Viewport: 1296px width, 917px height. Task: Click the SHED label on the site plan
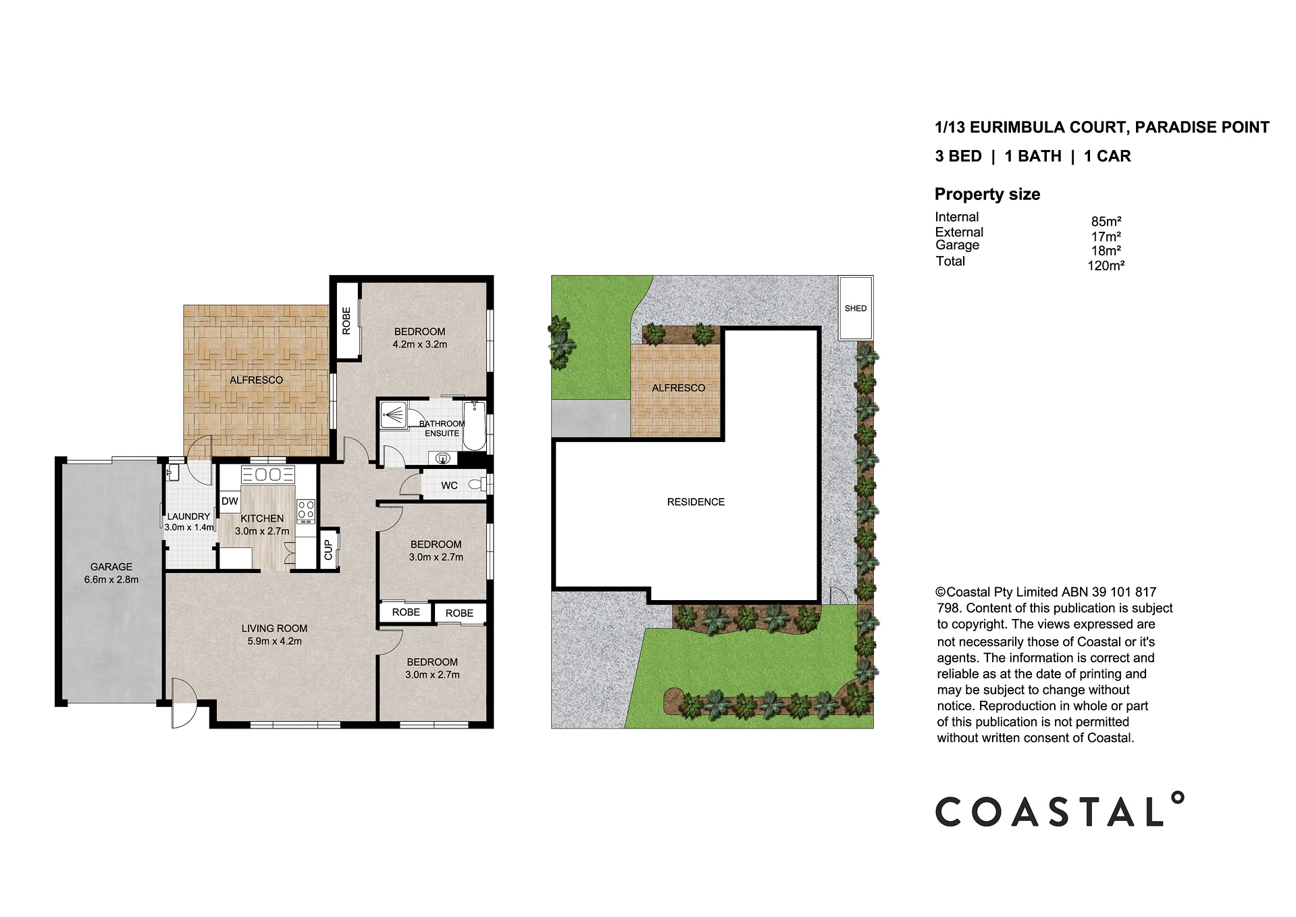855,308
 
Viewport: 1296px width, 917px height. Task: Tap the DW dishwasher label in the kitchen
230,501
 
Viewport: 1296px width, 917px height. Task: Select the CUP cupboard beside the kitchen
329,549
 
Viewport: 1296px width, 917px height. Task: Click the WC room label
449,485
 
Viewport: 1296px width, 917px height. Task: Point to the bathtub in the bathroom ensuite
474,424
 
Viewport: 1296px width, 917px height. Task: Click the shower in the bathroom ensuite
393,415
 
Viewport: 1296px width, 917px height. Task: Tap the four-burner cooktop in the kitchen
306,512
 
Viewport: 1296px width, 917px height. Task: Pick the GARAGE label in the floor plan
111,567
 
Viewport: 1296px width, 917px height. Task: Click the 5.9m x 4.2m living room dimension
274,641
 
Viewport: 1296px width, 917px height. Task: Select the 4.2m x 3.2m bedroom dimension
419,344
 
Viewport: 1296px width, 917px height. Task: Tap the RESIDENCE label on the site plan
696,502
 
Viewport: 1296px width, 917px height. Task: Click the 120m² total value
1106,266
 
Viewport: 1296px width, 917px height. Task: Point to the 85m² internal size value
1106,221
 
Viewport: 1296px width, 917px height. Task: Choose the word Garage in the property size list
957,245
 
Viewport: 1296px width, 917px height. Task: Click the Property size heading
987,194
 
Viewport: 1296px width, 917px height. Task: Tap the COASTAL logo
1059,810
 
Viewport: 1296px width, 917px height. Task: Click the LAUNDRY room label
188,516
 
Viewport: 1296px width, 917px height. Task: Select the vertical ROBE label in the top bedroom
346,321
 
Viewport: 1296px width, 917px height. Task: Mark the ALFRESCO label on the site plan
678,388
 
